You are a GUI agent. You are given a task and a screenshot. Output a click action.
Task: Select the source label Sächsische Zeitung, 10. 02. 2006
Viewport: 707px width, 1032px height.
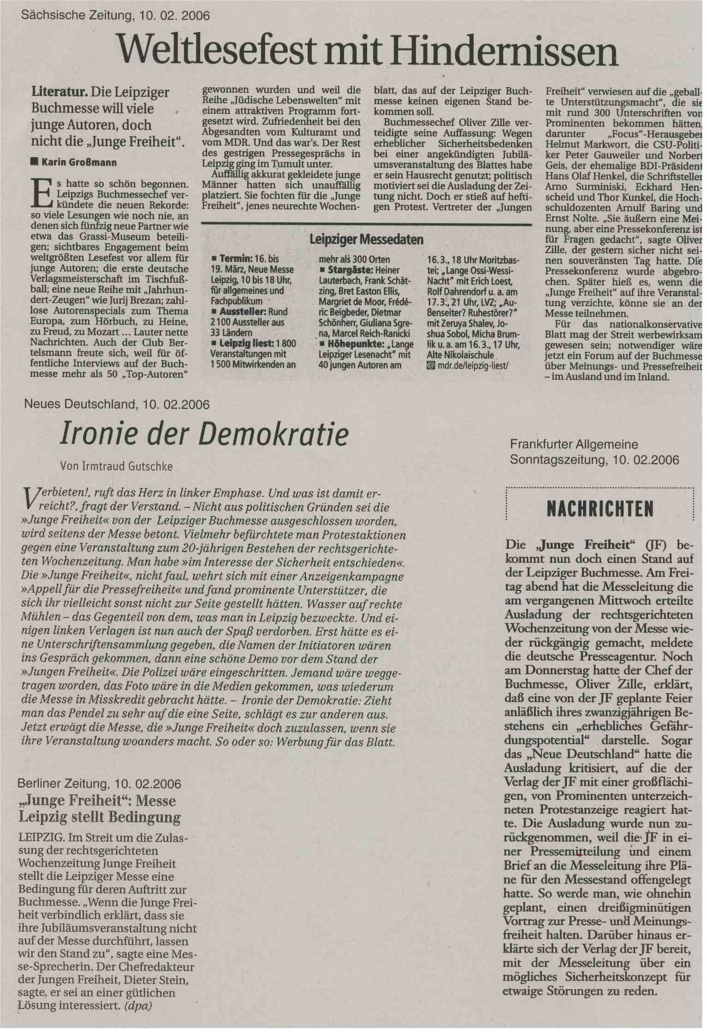pyautogui.click(x=115, y=16)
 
